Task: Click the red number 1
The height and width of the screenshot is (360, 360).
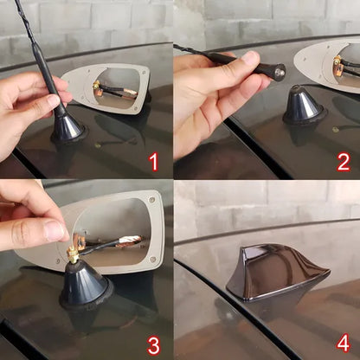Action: coord(155,162)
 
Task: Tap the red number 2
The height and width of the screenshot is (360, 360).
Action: coord(344,163)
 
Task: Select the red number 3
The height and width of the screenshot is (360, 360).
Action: coord(153,346)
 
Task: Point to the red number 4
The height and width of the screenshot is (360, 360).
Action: coord(344,343)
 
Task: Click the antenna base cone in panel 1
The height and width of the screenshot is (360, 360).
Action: coord(68,127)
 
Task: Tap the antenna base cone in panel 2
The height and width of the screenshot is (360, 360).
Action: coord(305,105)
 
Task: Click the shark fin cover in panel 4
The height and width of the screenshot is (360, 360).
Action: coord(278,272)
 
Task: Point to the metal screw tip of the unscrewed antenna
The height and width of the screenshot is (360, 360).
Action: coord(280,73)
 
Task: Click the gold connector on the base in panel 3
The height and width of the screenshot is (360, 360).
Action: coord(74,254)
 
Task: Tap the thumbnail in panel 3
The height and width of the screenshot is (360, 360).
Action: coord(55,230)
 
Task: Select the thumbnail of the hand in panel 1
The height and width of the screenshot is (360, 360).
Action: coord(54,101)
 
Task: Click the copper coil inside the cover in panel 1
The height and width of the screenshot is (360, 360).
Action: coord(128,93)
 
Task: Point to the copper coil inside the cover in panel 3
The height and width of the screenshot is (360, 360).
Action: coord(130,241)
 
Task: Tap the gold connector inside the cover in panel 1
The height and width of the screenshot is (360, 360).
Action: coord(96,85)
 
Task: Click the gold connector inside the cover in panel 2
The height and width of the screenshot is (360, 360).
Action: coord(337,61)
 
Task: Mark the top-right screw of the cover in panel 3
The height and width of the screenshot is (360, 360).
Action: coord(151,199)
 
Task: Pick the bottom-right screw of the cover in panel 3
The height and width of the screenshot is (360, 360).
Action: coord(153,260)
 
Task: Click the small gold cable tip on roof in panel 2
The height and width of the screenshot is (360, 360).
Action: coord(335,130)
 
